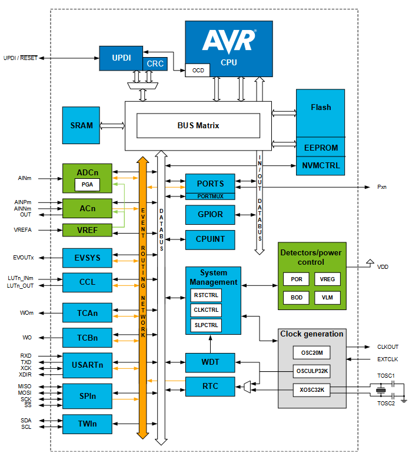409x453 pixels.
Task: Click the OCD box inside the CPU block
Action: point(198,70)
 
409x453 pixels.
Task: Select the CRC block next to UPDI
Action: point(155,64)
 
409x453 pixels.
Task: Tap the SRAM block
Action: point(81,125)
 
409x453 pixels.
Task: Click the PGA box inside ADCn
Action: point(87,185)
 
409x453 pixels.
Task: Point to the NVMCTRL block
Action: point(321,166)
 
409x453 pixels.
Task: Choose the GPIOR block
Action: point(210,215)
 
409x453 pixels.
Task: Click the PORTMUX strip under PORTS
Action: point(210,196)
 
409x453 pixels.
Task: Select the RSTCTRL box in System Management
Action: point(206,295)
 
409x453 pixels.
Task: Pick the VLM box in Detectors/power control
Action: point(327,298)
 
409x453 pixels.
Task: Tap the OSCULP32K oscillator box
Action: point(312,371)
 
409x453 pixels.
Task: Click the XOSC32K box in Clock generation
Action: point(312,390)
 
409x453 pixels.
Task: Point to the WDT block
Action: point(210,362)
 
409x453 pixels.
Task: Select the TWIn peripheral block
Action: point(87,424)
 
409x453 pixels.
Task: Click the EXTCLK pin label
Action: point(388,359)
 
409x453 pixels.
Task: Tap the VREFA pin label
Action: point(22,230)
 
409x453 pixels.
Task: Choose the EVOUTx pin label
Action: point(23,258)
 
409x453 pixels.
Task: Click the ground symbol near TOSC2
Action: point(404,401)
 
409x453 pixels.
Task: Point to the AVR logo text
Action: point(229,41)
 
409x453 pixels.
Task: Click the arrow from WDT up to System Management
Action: point(211,344)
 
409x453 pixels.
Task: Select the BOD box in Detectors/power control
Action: point(296,298)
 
